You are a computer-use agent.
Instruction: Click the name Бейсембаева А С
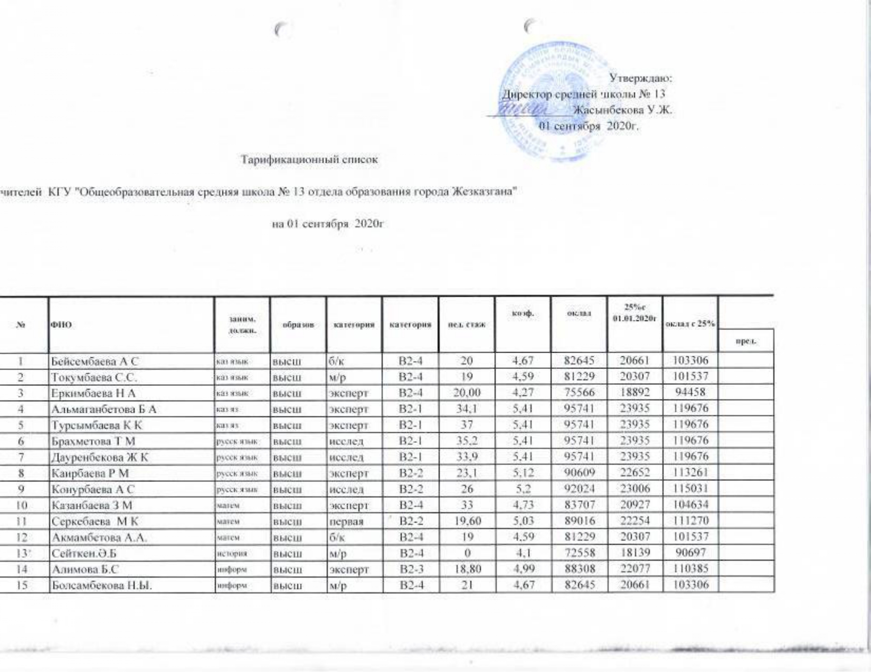94,362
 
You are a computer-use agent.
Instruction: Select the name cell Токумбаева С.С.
94,377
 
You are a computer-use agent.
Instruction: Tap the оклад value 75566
579,393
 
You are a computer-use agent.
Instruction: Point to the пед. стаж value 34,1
467,409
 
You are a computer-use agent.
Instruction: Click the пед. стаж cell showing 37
467,424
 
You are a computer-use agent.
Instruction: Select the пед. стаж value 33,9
467,456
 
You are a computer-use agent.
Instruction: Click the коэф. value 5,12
523,472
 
